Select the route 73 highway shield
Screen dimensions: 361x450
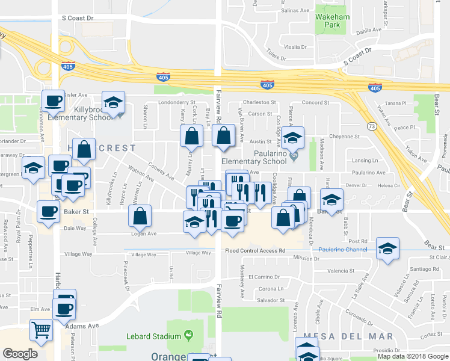[x=372, y=126]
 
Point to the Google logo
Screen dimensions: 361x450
[x=20, y=354]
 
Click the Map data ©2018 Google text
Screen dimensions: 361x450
[x=413, y=356]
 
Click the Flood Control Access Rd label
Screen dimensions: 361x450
[x=255, y=251]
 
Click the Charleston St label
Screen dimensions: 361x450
[x=259, y=103]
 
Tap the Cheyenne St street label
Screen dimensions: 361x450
[x=344, y=137]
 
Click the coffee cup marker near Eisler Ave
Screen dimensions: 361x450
[x=53, y=101]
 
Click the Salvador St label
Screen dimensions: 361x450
[x=270, y=300]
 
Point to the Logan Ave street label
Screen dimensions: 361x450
[x=144, y=233]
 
